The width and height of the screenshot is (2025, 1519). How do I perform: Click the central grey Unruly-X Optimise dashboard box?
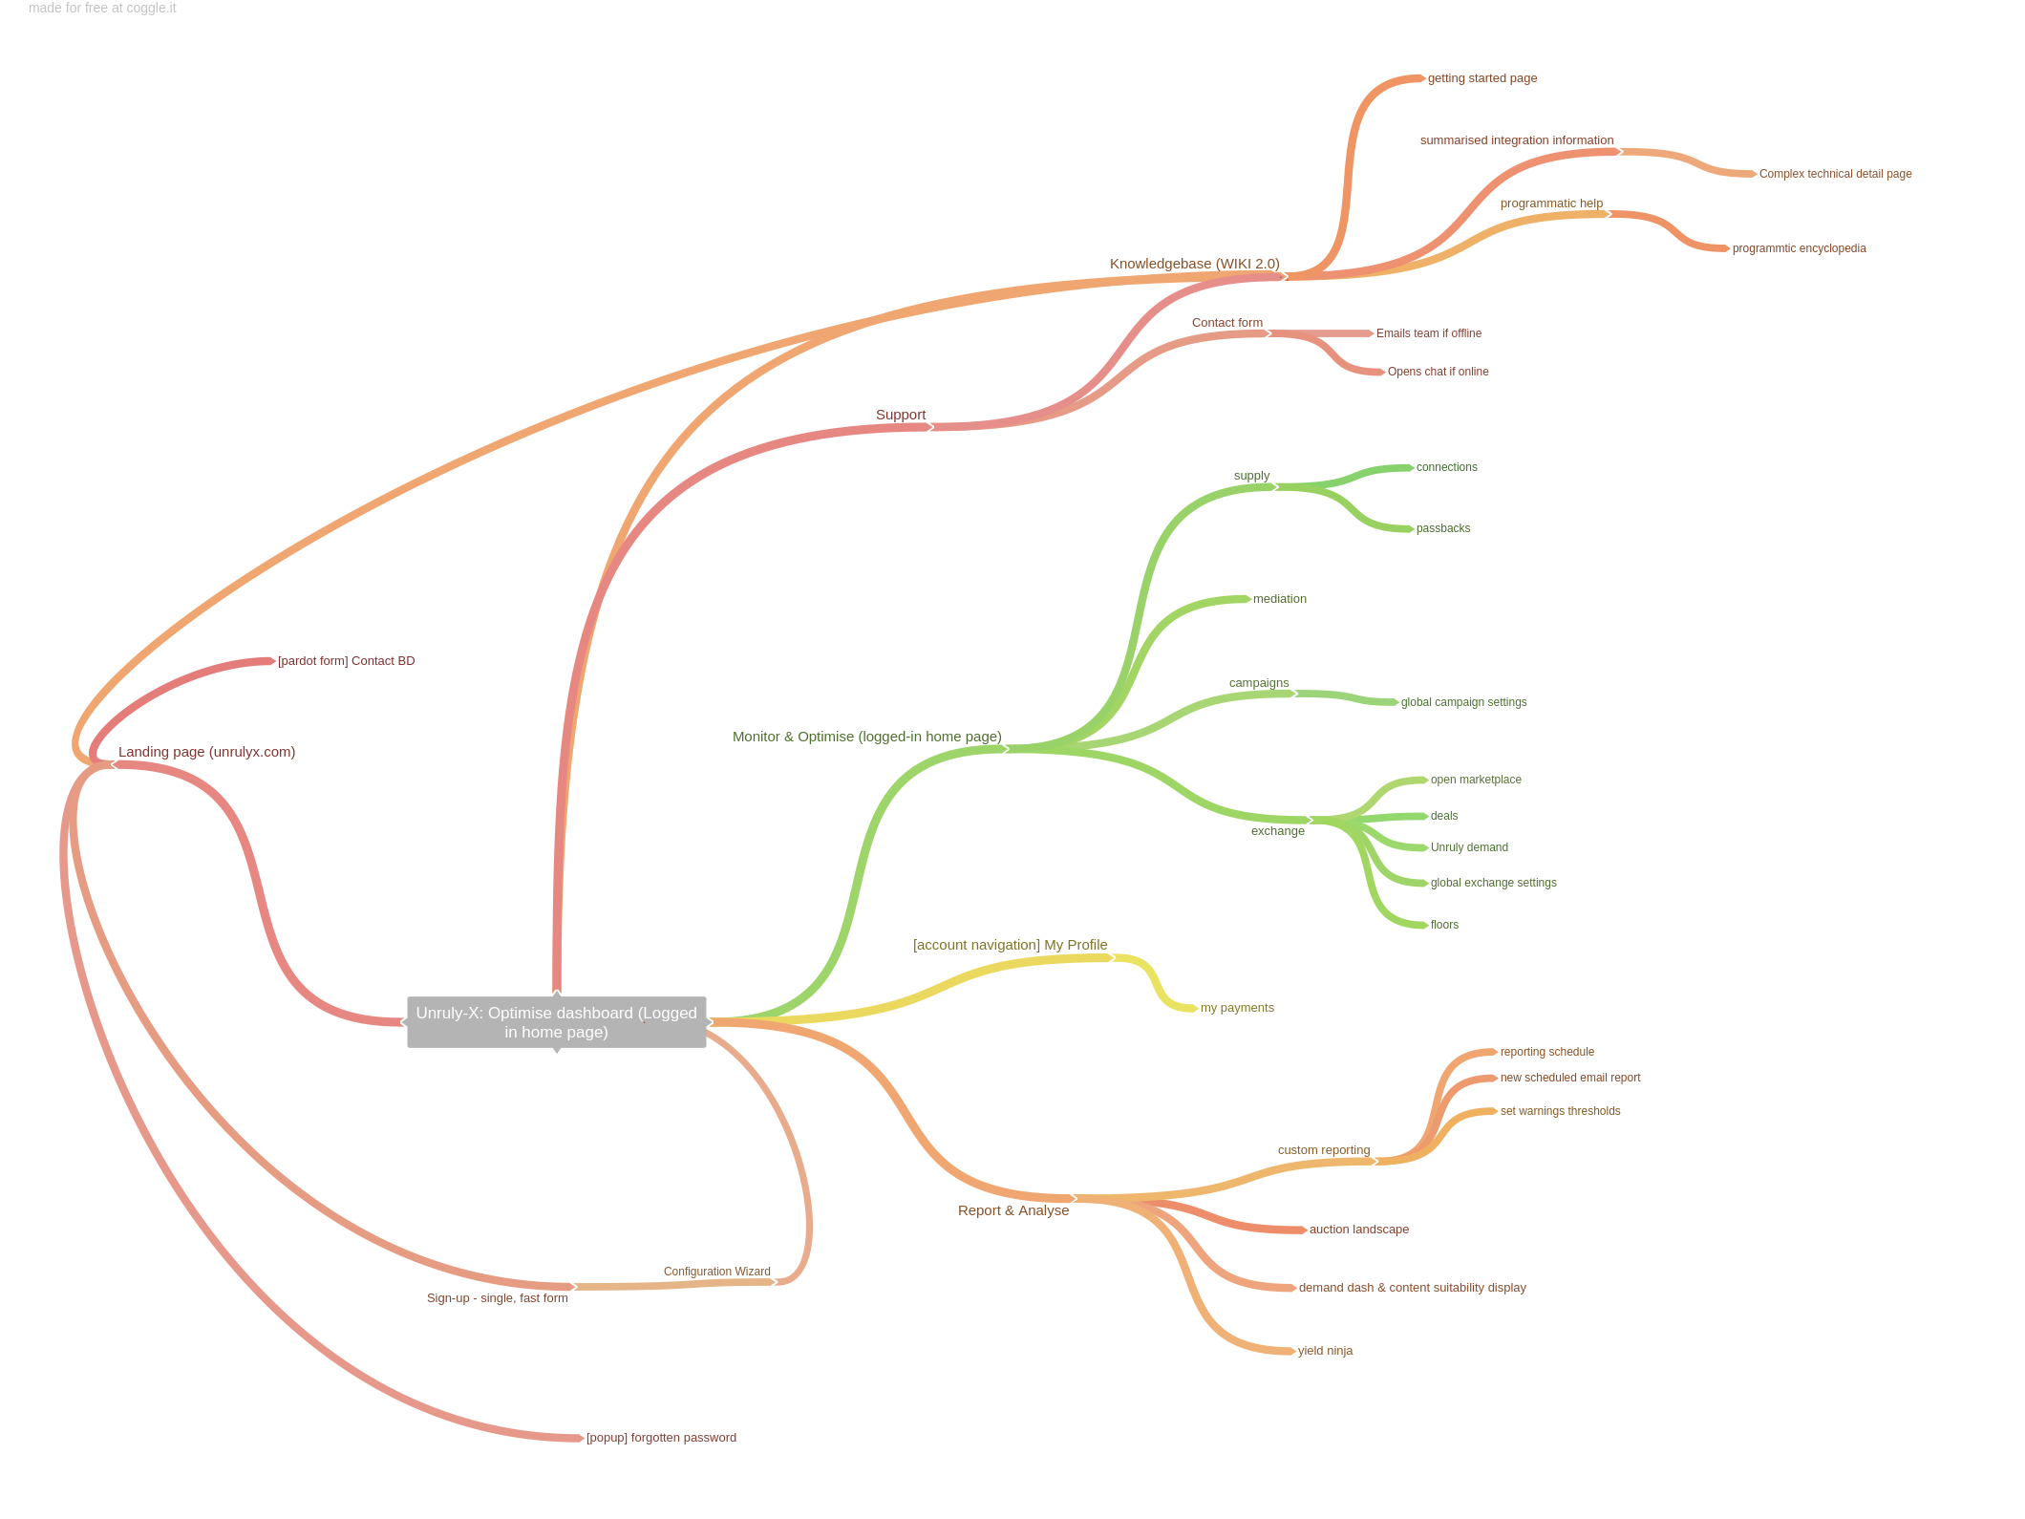click(557, 1022)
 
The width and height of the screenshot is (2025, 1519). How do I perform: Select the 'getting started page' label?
click(1482, 78)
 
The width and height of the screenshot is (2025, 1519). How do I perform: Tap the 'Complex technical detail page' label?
click(1835, 174)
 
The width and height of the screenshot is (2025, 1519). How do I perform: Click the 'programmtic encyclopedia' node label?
click(1799, 248)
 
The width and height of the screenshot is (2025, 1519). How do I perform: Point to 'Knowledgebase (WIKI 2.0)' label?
click(1194, 264)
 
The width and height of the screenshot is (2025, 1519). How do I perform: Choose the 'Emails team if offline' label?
click(1429, 333)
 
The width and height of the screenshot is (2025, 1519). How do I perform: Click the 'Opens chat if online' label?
click(1438, 372)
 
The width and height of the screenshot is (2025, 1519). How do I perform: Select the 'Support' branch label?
click(901, 415)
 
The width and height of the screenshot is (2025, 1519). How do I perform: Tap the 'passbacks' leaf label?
click(1443, 528)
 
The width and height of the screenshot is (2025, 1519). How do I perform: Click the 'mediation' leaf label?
click(1280, 599)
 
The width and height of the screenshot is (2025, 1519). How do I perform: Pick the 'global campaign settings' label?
click(1463, 702)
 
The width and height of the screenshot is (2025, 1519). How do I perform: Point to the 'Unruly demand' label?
click(1469, 847)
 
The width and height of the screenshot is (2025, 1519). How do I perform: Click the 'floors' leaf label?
click(1444, 925)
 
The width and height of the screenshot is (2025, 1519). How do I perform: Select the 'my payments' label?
click(1237, 1008)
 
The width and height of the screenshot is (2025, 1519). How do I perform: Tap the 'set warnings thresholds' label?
click(1560, 1111)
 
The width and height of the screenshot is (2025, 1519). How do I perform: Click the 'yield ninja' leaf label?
click(1325, 1351)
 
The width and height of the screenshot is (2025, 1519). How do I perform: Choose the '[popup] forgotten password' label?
click(661, 1438)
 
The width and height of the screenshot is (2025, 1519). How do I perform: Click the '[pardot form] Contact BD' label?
click(346, 661)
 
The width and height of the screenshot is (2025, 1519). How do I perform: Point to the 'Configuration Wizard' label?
click(716, 1272)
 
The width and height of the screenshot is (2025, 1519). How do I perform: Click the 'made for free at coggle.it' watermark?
click(102, 9)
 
